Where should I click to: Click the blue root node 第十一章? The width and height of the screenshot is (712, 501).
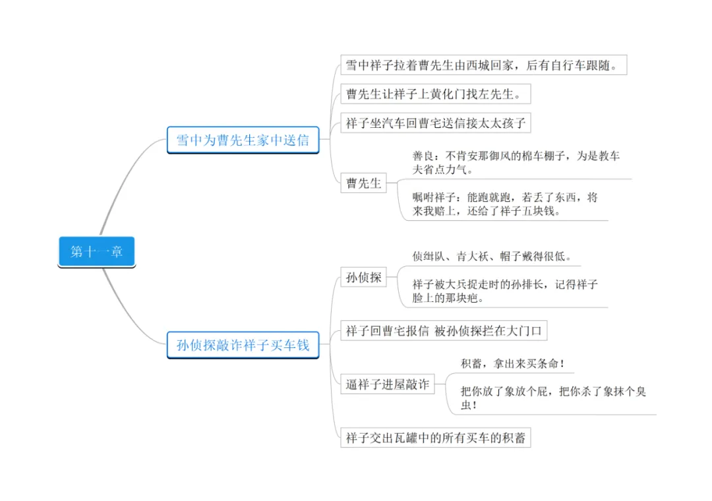(x=97, y=252)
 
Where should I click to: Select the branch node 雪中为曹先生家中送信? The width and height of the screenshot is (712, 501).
(x=243, y=140)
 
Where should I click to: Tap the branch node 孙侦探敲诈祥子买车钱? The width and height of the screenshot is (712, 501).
(x=243, y=345)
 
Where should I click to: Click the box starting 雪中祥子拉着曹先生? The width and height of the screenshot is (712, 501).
(x=483, y=65)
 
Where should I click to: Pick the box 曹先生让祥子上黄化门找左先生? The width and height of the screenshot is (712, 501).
(x=435, y=94)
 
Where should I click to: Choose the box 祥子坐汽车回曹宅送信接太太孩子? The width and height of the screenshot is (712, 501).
(x=435, y=123)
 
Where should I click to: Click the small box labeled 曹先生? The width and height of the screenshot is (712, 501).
(x=364, y=183)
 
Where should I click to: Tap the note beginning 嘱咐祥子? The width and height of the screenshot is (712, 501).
(x=505, y=204)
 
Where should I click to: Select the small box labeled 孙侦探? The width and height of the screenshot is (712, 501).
(x=364, y=278)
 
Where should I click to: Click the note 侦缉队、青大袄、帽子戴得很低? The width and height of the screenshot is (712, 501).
(x=492, y=256)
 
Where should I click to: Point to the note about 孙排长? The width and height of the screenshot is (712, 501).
(x=505, y=291)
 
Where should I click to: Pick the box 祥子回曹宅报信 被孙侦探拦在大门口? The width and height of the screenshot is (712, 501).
(x=444, y=331)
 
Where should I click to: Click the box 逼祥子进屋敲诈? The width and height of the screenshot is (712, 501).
(x=387, y=384)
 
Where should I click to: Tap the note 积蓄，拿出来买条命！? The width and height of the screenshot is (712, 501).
(x=513, y=363)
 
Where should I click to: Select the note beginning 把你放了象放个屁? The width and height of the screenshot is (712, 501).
(x=552, y=398)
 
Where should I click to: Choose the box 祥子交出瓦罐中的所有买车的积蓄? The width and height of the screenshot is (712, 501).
(x=435, y=438)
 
